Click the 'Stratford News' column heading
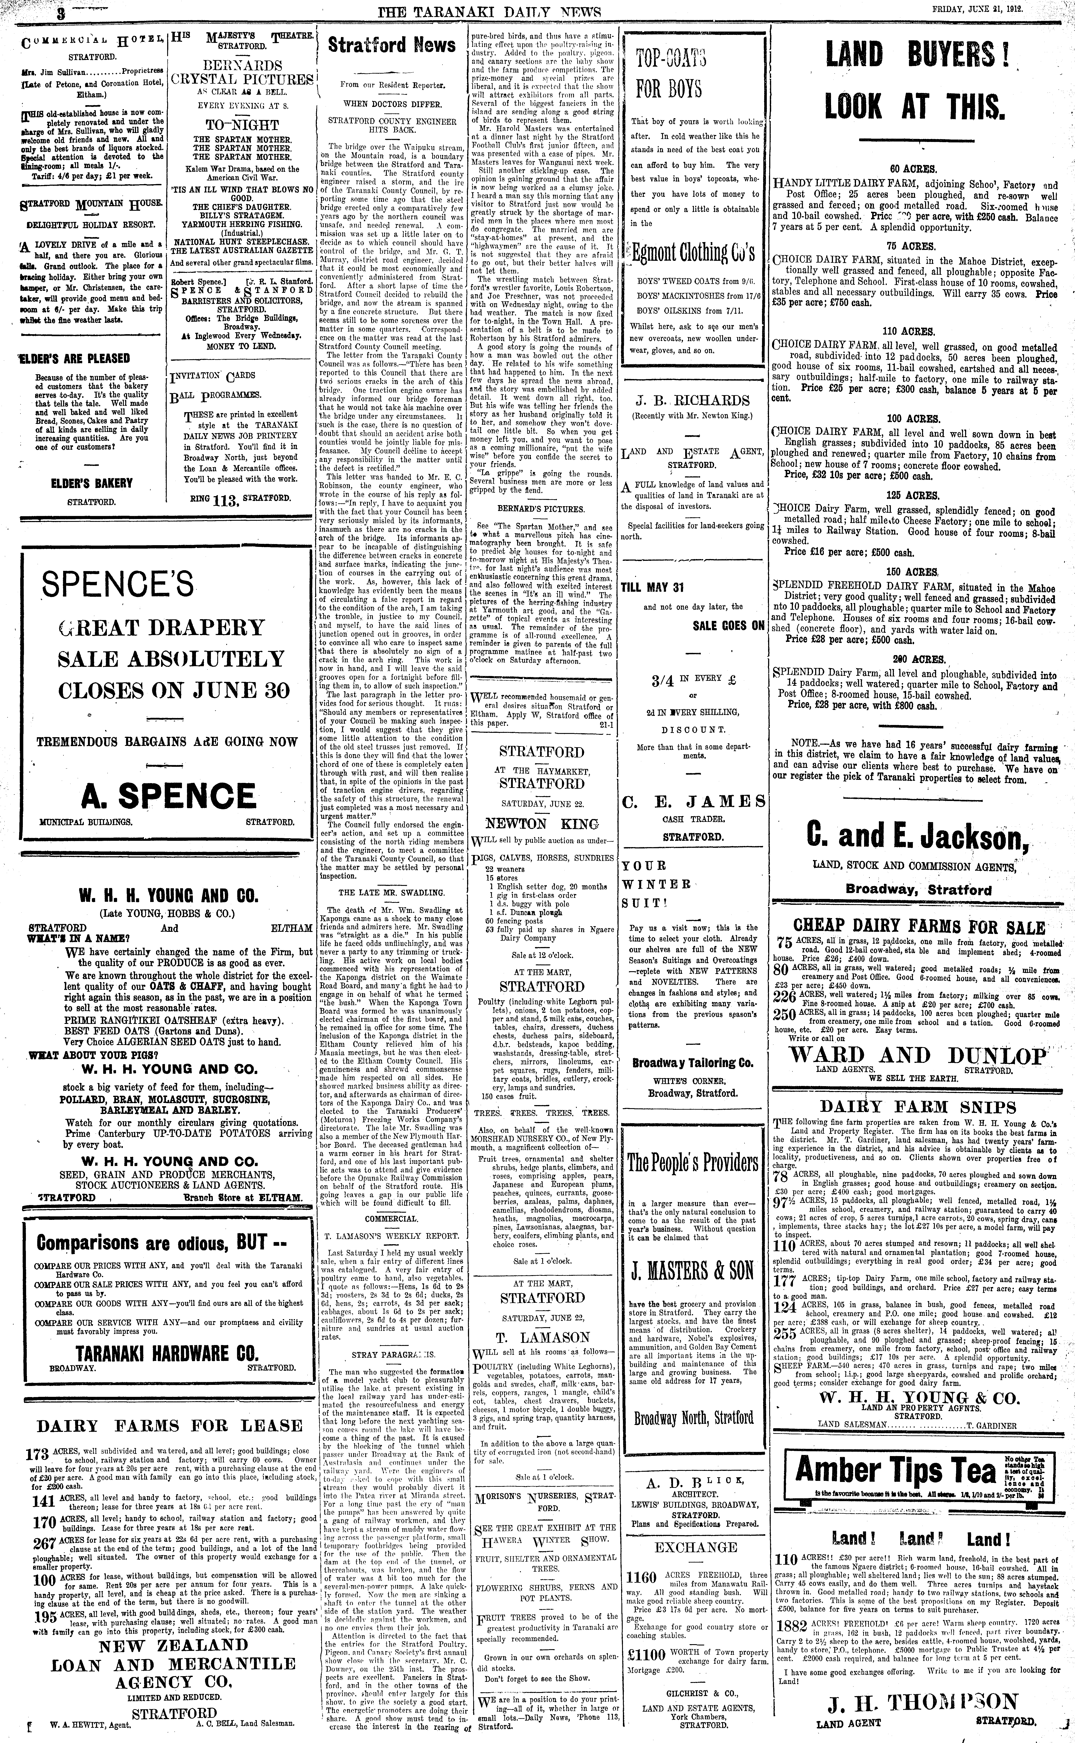click(x=391, y=46)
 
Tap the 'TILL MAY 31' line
click(x=652, y=587)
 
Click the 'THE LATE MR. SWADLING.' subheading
click(x=391, y=892)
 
